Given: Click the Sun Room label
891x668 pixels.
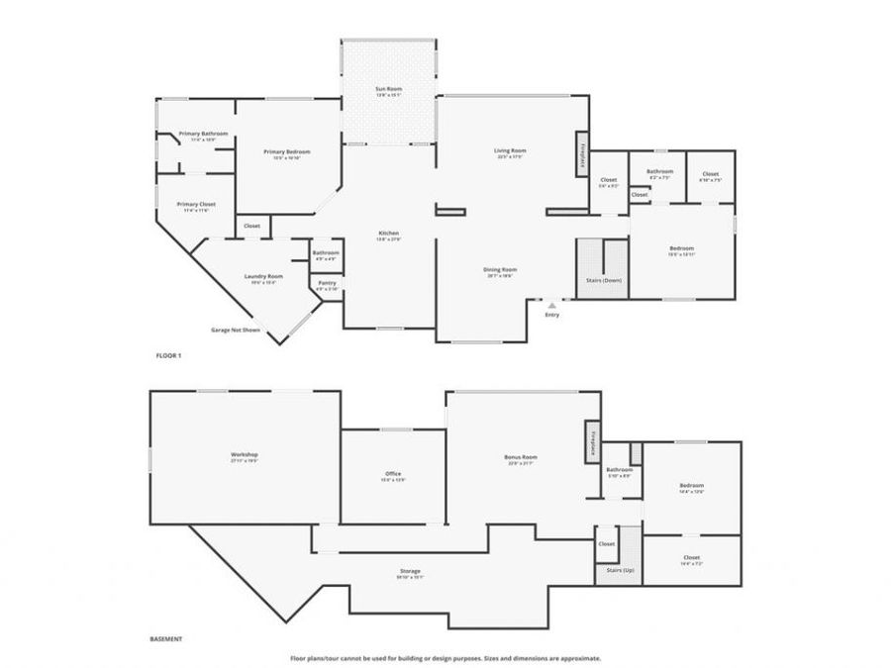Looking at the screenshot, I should tap(388, 89).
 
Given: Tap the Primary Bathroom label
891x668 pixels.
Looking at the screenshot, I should tap(203, 134).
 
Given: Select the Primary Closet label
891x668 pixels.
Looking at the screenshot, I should tap(196, 204).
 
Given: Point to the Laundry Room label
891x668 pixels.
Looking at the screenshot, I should tap(263, 276).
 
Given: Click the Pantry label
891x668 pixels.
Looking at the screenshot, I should tap(327, 283).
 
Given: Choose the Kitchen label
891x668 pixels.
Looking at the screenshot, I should tap(388, 234).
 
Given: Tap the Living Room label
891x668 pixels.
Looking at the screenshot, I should tap(510, 150).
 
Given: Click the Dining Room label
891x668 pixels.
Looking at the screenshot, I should tap(500, 269).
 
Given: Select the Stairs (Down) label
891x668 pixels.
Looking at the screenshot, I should tap(604, 280).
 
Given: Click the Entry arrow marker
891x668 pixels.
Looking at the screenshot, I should tap(552, 306).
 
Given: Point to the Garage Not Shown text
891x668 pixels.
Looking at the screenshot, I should tap(236, 329).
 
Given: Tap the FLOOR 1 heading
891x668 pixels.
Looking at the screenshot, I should tap(169, 354).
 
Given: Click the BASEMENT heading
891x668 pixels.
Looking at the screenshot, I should tap(166, 640).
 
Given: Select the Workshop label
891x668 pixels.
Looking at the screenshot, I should tap(245, 454).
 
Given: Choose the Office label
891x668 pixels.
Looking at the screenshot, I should tap(393, 474).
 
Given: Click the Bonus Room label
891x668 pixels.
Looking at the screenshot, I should tap(520, 457).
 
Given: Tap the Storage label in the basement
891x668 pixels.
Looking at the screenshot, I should tap(410, 571).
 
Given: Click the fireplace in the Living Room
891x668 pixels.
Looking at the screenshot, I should tap(582, 155).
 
